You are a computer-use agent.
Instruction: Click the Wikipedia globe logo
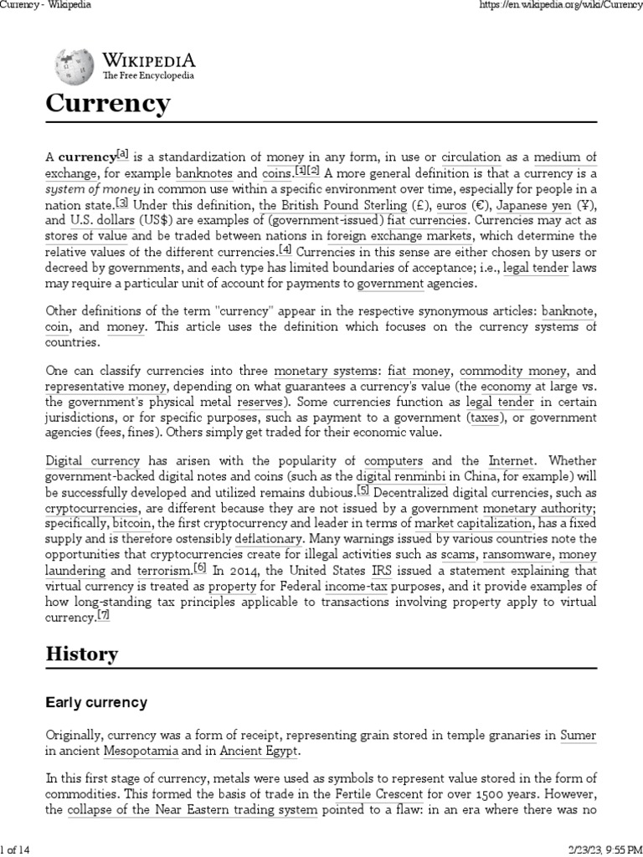75,66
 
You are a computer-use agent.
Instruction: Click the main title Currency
107,104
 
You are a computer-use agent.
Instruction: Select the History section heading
81,654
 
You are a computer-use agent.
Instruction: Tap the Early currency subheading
95,703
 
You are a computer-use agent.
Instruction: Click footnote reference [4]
285,249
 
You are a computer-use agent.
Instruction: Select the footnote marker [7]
103,614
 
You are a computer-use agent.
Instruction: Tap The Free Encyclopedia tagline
148,75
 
